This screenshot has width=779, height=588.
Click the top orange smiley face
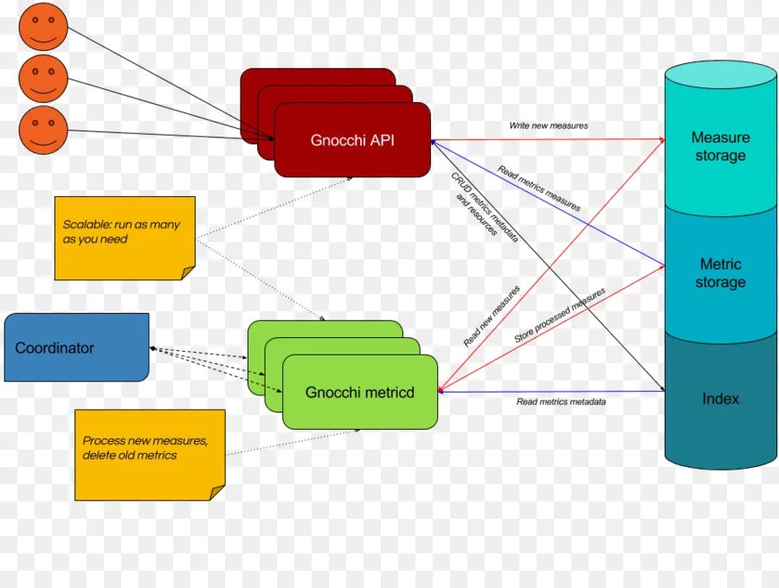(x=42, y=26)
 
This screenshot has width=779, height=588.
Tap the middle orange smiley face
(x=42, y=78)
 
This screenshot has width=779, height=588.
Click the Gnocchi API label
(x=352, y=140)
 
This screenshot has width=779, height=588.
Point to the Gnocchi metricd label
(x=359, y=393)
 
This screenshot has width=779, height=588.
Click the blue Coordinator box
(x=76, y=348)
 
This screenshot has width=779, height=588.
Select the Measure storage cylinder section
(x=720, y=147)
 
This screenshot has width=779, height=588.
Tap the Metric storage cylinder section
(x=720, y=273)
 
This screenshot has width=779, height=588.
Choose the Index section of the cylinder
(x=720, y=399)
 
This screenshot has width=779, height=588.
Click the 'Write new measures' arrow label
(x=548, y=126)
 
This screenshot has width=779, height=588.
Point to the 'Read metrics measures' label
(x=538, y=189)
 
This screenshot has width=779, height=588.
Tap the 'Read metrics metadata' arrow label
(x=561, y=402)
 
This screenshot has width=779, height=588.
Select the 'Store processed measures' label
(x=559, y=316)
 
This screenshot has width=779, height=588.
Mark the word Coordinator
(x=55, y=348)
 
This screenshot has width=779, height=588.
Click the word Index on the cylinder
(x=720, y=399)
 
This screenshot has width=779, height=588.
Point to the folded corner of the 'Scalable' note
(x=188, y=273)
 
